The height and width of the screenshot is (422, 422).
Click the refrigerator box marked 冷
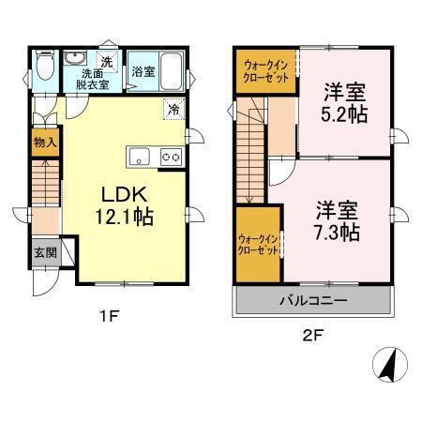tap(173, 109)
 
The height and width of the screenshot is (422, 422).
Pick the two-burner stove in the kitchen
tap(170, 156)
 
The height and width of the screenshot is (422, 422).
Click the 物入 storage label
tap(45, 143)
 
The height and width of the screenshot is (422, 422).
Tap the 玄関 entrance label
tap(45, 252)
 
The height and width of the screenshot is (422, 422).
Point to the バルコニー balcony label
tap(313, 302)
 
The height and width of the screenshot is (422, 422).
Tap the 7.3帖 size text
tap(336, 232)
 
